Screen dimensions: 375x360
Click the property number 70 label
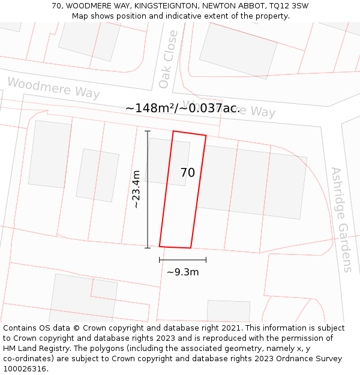point(188,173)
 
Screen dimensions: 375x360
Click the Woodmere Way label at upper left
point(53,88)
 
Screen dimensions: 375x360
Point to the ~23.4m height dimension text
point(136,189)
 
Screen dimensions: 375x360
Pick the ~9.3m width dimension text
point(182,272)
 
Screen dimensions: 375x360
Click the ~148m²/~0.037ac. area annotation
point(182,108)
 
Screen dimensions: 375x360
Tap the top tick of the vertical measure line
point(148,131)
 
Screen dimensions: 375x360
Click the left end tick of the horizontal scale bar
point(160,260)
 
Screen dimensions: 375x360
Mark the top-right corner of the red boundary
point(206,136)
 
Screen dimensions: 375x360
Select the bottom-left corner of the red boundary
point(160,246)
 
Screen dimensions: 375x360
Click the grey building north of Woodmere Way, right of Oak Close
point(238,50)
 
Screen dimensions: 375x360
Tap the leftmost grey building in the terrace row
point(50,154)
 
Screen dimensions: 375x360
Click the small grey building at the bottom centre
point(228,311)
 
